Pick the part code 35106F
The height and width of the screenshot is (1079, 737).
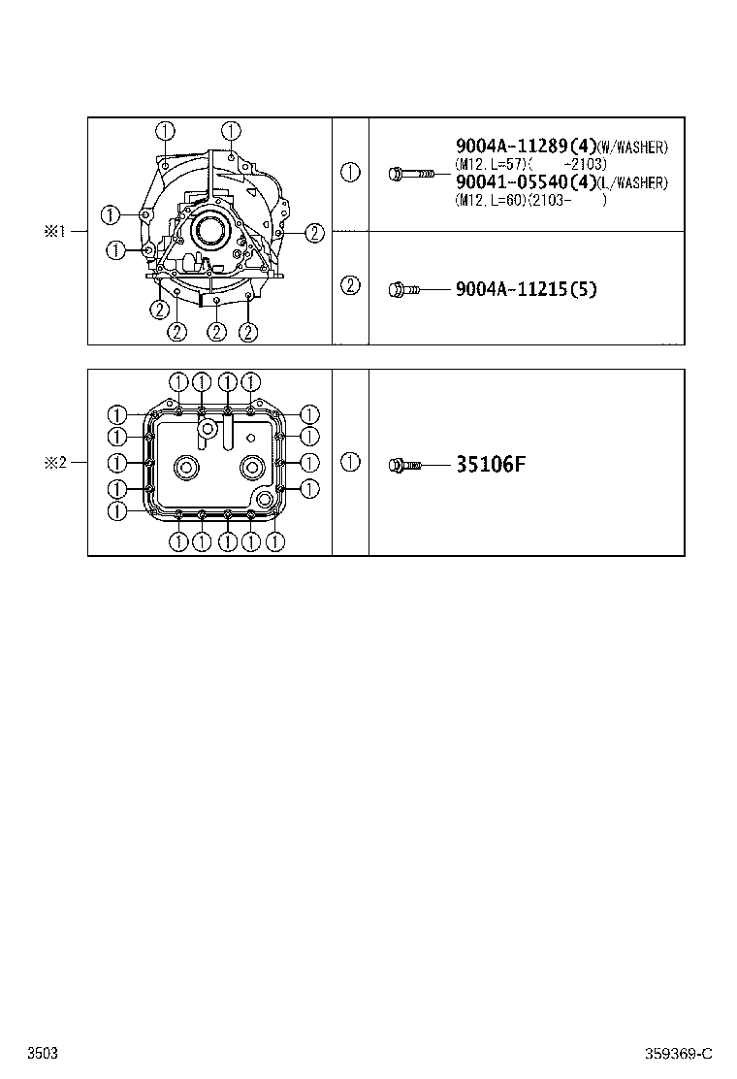pyautogui.click(x=490, y=465)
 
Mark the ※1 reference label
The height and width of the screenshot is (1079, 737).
pyautogui.click(x=53, y=231)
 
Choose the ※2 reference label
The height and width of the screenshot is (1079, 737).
pyautogui.click(x=53, y=463)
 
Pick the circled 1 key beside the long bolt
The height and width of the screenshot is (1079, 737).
pyautogui.click(x=350, y=173)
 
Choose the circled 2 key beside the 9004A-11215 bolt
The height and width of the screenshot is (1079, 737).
pyautogui.click(x=350, y=285)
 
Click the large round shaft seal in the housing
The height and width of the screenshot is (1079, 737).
pyautogui.click(x=208, y=231)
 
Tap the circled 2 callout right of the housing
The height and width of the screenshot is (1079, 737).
pyautogui.click(x=314, y=231)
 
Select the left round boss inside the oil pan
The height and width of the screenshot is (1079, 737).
pyautogui.click(x=184, y=468)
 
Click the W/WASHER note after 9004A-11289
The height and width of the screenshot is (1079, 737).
pyautogui.click(x=632, y=147)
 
